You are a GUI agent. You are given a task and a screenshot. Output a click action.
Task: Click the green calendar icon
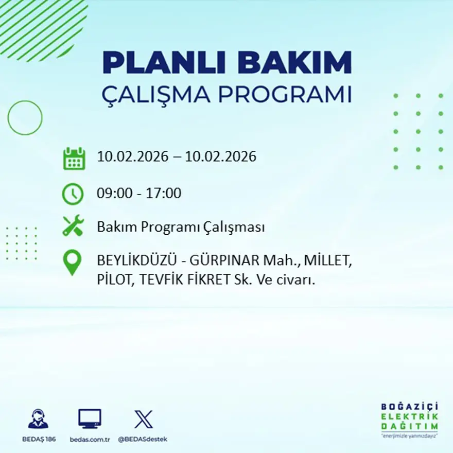coord(74,159)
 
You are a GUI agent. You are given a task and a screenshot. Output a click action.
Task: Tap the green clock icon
coord(73,194)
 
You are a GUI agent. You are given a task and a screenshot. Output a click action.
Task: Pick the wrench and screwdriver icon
coord(73,226)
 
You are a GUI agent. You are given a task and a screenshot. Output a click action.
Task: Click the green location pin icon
coord(72,263)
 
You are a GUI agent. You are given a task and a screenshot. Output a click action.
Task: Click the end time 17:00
coord(164,194)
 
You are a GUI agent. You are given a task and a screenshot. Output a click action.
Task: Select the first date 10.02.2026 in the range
coord(132,156)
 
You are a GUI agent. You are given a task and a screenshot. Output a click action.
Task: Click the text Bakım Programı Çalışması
coord(181,227)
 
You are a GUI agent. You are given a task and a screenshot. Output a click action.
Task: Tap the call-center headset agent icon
coord(38,419)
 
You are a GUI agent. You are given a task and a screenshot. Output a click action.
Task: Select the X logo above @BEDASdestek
coord(143,419)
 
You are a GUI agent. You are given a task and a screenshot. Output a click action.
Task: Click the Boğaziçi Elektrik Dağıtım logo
coord(409,420)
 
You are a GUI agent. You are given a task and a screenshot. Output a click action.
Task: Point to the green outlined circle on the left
coord(25,118)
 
